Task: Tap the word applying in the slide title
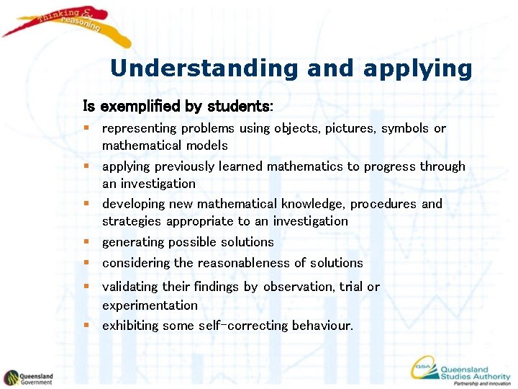point(417,70)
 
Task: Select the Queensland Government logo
point(29,377)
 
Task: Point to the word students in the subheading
point(239,107)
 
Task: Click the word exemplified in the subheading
point(140,107)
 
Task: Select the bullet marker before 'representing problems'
point(86,128)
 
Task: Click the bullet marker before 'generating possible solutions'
point(86,242)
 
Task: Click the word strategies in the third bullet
point(132,221)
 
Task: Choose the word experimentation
point(150,305)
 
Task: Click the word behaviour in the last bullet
point(322,326)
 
